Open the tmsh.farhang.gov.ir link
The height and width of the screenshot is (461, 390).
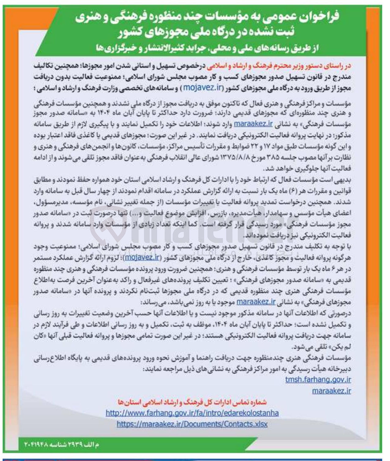(318, 379)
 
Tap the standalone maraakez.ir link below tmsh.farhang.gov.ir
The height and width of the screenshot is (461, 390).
(331, 390)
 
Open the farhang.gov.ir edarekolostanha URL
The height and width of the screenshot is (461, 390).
(192, 413)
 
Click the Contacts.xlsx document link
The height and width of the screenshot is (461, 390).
(192, 424)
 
